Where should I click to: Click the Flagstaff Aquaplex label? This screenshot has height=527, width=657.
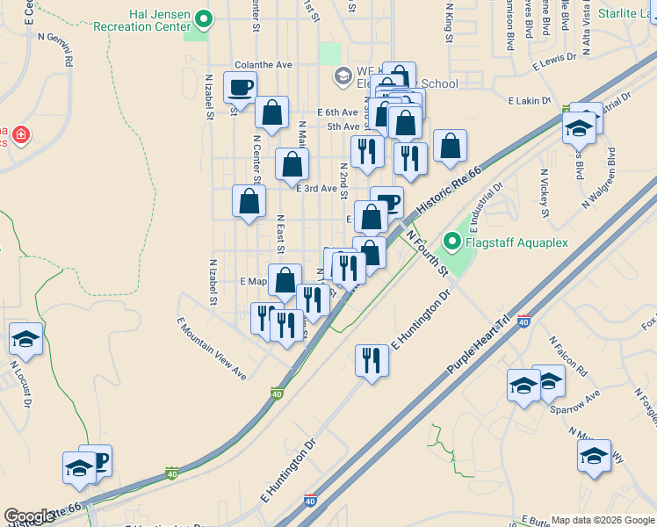tap(517, 242)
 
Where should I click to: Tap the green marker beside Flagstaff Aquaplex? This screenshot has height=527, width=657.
tap(453, 241)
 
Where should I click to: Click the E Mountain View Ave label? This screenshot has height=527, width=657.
tap(212, 348)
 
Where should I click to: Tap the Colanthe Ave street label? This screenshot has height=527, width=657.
tap(264, 65)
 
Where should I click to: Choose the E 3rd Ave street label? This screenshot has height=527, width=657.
tap(316, 188)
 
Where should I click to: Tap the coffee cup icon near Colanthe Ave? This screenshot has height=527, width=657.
tap(240, 87)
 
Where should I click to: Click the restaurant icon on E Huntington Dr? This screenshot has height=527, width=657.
tap(372, 359)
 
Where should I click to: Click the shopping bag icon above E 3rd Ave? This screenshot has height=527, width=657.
tap(292, 163)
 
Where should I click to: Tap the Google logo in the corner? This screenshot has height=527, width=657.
tap(29, 516)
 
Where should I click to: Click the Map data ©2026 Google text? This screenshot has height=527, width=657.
tap(602, 519)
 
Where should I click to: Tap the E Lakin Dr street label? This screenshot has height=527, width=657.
tap(529, 101)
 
